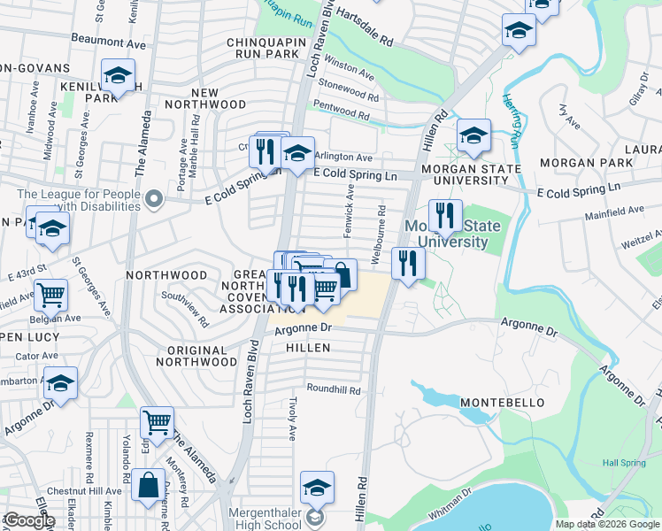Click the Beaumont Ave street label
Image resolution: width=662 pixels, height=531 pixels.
click(107, 41)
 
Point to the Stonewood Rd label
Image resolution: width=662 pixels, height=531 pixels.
click(348, 89)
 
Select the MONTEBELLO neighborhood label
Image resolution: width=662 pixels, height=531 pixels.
click(496, 403)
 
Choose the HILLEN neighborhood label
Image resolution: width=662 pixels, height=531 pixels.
click(308, 349)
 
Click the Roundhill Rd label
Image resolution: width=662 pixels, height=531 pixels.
click(334, 389)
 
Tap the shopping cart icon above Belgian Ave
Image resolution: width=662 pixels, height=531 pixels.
click(50, 294)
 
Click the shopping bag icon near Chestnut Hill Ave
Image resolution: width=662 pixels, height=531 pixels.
click(149, 484)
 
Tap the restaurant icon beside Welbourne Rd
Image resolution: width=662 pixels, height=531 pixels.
click(408, 262)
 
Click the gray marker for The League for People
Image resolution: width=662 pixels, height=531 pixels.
click(156, 198)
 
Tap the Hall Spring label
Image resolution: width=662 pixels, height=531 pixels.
click(623, 463)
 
